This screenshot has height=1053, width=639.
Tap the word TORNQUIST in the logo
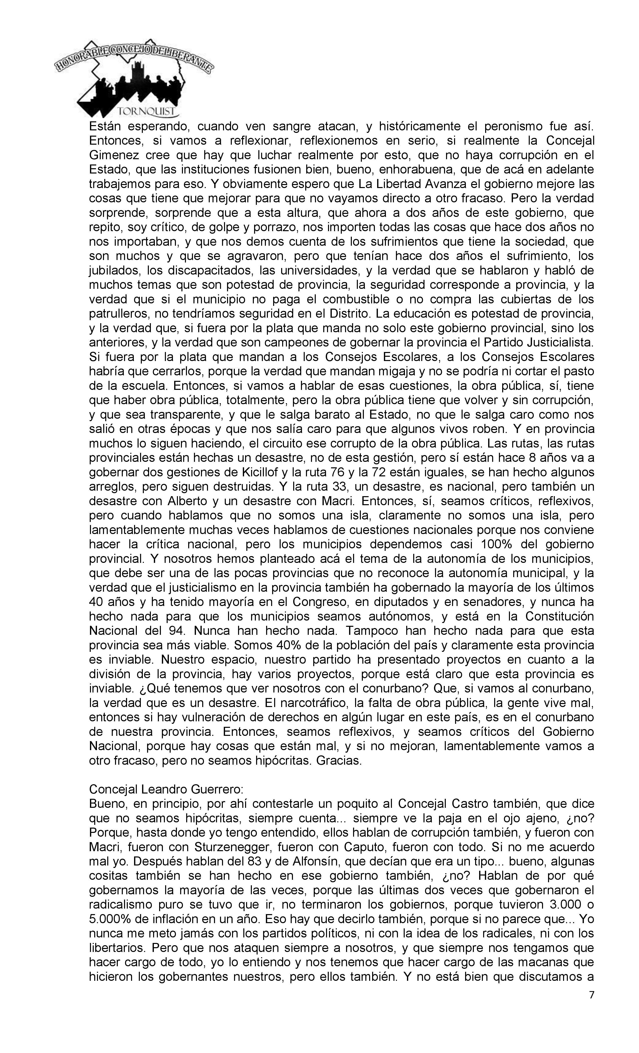tap(147, 112)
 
